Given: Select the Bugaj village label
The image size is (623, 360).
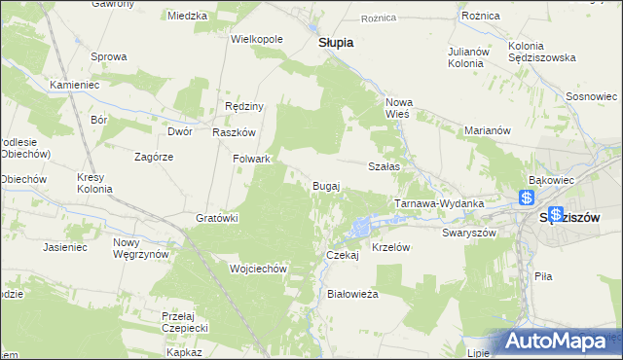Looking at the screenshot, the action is coord(325,185).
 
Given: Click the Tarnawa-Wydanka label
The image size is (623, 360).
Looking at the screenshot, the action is coord(439,203).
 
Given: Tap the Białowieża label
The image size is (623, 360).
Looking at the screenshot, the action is coord(352,293).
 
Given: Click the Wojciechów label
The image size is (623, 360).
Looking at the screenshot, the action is coord(256,269).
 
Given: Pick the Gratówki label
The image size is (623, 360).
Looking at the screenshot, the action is coord(218,218).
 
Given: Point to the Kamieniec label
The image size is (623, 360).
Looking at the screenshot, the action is coord(74,85).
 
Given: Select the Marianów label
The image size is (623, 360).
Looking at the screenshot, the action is coord(488,130).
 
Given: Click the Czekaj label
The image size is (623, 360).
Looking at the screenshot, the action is coord(343,255).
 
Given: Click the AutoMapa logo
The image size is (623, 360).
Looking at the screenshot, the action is coord(565,342).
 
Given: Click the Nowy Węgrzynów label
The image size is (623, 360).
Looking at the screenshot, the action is coord(141,248).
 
